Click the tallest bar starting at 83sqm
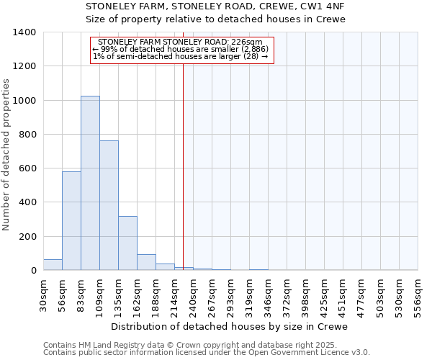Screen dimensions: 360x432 click(90, 183)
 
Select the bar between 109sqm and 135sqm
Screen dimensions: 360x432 click(109, 205)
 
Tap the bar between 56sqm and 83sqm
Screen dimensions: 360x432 click(71, 220)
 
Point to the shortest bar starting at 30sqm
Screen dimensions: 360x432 click(53, 265)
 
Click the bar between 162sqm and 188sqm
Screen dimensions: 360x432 click(146, 262)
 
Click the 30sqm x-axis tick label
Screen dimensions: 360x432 click(43, 294)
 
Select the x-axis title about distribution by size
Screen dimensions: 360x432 click(230, 326)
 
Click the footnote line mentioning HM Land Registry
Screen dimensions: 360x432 click(179, 345)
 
